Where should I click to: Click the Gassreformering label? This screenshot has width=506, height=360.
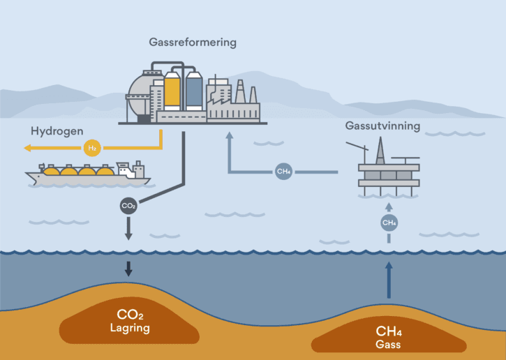[x=193, y=43]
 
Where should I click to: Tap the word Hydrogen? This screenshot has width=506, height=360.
[x=57, y=131]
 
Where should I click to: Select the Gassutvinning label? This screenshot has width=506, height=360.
[x=382, y=126]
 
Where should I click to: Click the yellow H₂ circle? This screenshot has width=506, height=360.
[x=91, y=148]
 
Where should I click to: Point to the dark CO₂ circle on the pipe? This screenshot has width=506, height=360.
[x=128, y=206]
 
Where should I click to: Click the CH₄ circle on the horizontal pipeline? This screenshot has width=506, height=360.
[x=283, y=171]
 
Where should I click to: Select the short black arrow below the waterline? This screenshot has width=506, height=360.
[x=128, y=268]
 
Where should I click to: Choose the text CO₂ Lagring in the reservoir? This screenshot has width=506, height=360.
[x=129, y=320]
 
